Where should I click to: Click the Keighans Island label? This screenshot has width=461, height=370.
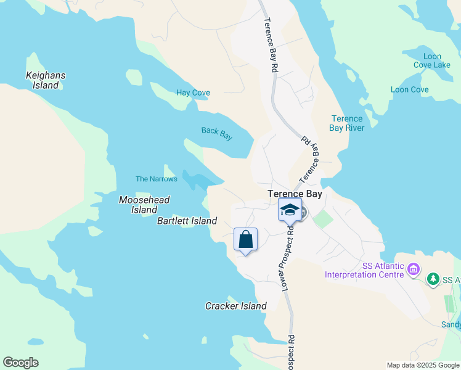pyautogui.click(x=46, y=80)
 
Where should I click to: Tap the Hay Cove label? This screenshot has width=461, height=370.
pyautogui.click(x=193, y=93)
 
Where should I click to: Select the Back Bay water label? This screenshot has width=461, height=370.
pyautogui.click(x=217, y=133)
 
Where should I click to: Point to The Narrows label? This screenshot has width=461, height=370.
pyautogui.click(x=157, y=179)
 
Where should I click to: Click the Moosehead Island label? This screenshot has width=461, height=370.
pyautogui.click(x=144, y=205)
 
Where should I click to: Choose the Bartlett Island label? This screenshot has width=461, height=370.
pyautogui.click(x=187, y=221)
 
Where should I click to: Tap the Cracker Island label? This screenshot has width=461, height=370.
pyautogui.click(x=235, y=306)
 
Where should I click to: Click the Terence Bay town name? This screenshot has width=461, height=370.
pyautogui.click(x=295, y=194)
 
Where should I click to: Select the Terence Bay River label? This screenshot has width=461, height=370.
pyautogui.click(x=347, y=123)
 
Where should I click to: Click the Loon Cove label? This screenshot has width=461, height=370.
pyautogui.click(x=410, y=89)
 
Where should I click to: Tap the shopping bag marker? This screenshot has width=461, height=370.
pyautogui.click(x=245, y=239)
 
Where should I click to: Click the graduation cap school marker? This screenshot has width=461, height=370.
pyautogui.click(x=290, y=210)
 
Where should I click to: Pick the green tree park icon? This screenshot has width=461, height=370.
pyautogui.click(x=433, y=279)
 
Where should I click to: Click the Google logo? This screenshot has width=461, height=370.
pyautogui.click(x=20, y=363)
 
